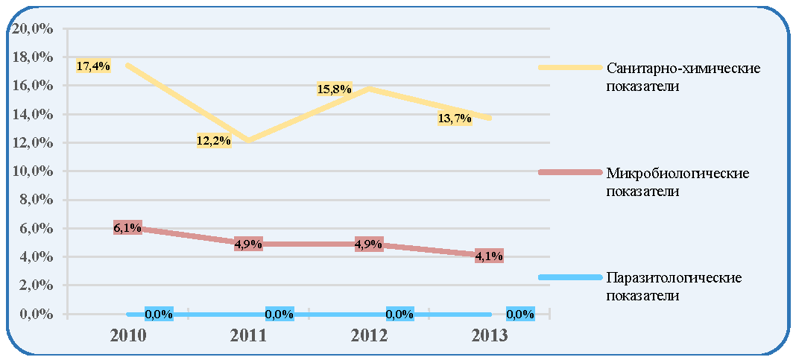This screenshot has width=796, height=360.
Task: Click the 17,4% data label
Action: click(x=93, y=66)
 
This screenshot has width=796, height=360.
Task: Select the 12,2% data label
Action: click(x=214, y=141)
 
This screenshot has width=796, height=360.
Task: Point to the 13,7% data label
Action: click(x=455, y=119)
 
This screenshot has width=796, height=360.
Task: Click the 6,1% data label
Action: click(x=127, y=229)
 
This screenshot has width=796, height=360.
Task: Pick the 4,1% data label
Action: click(x=489, y=256)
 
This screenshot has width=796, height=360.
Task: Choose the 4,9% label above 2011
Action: click(x=248, y=244)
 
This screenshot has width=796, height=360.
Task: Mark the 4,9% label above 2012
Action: click(x=368, y=244)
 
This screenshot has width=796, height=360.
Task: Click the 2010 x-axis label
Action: click(x=127, y=336)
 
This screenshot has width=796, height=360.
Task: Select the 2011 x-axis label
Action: click(x=247, y=336)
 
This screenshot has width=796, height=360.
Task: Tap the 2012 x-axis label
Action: click(x=368, y=336)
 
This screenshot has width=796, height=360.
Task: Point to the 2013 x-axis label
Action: click(x=489, y=336)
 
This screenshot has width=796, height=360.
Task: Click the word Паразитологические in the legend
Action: click(x=674, y=278)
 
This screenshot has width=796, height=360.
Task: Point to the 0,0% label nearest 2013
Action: click(x=521, y=315)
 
